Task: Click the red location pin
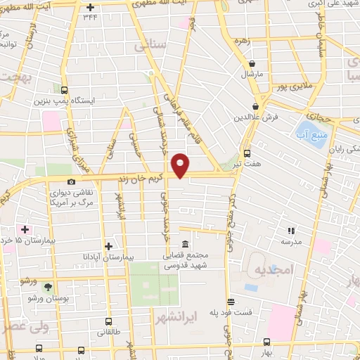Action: coord(181,165)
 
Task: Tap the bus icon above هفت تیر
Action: coord(246,153)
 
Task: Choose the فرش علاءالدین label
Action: coord(264,115)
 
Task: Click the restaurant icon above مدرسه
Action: coord(291,230)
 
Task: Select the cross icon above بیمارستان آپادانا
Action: coord(108,245)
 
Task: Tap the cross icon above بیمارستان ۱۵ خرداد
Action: coord(25,230)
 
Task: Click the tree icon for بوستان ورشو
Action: coord(47,288)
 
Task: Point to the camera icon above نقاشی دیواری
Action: coord(71,182)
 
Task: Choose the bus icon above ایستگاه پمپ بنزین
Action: coord(65,90)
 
